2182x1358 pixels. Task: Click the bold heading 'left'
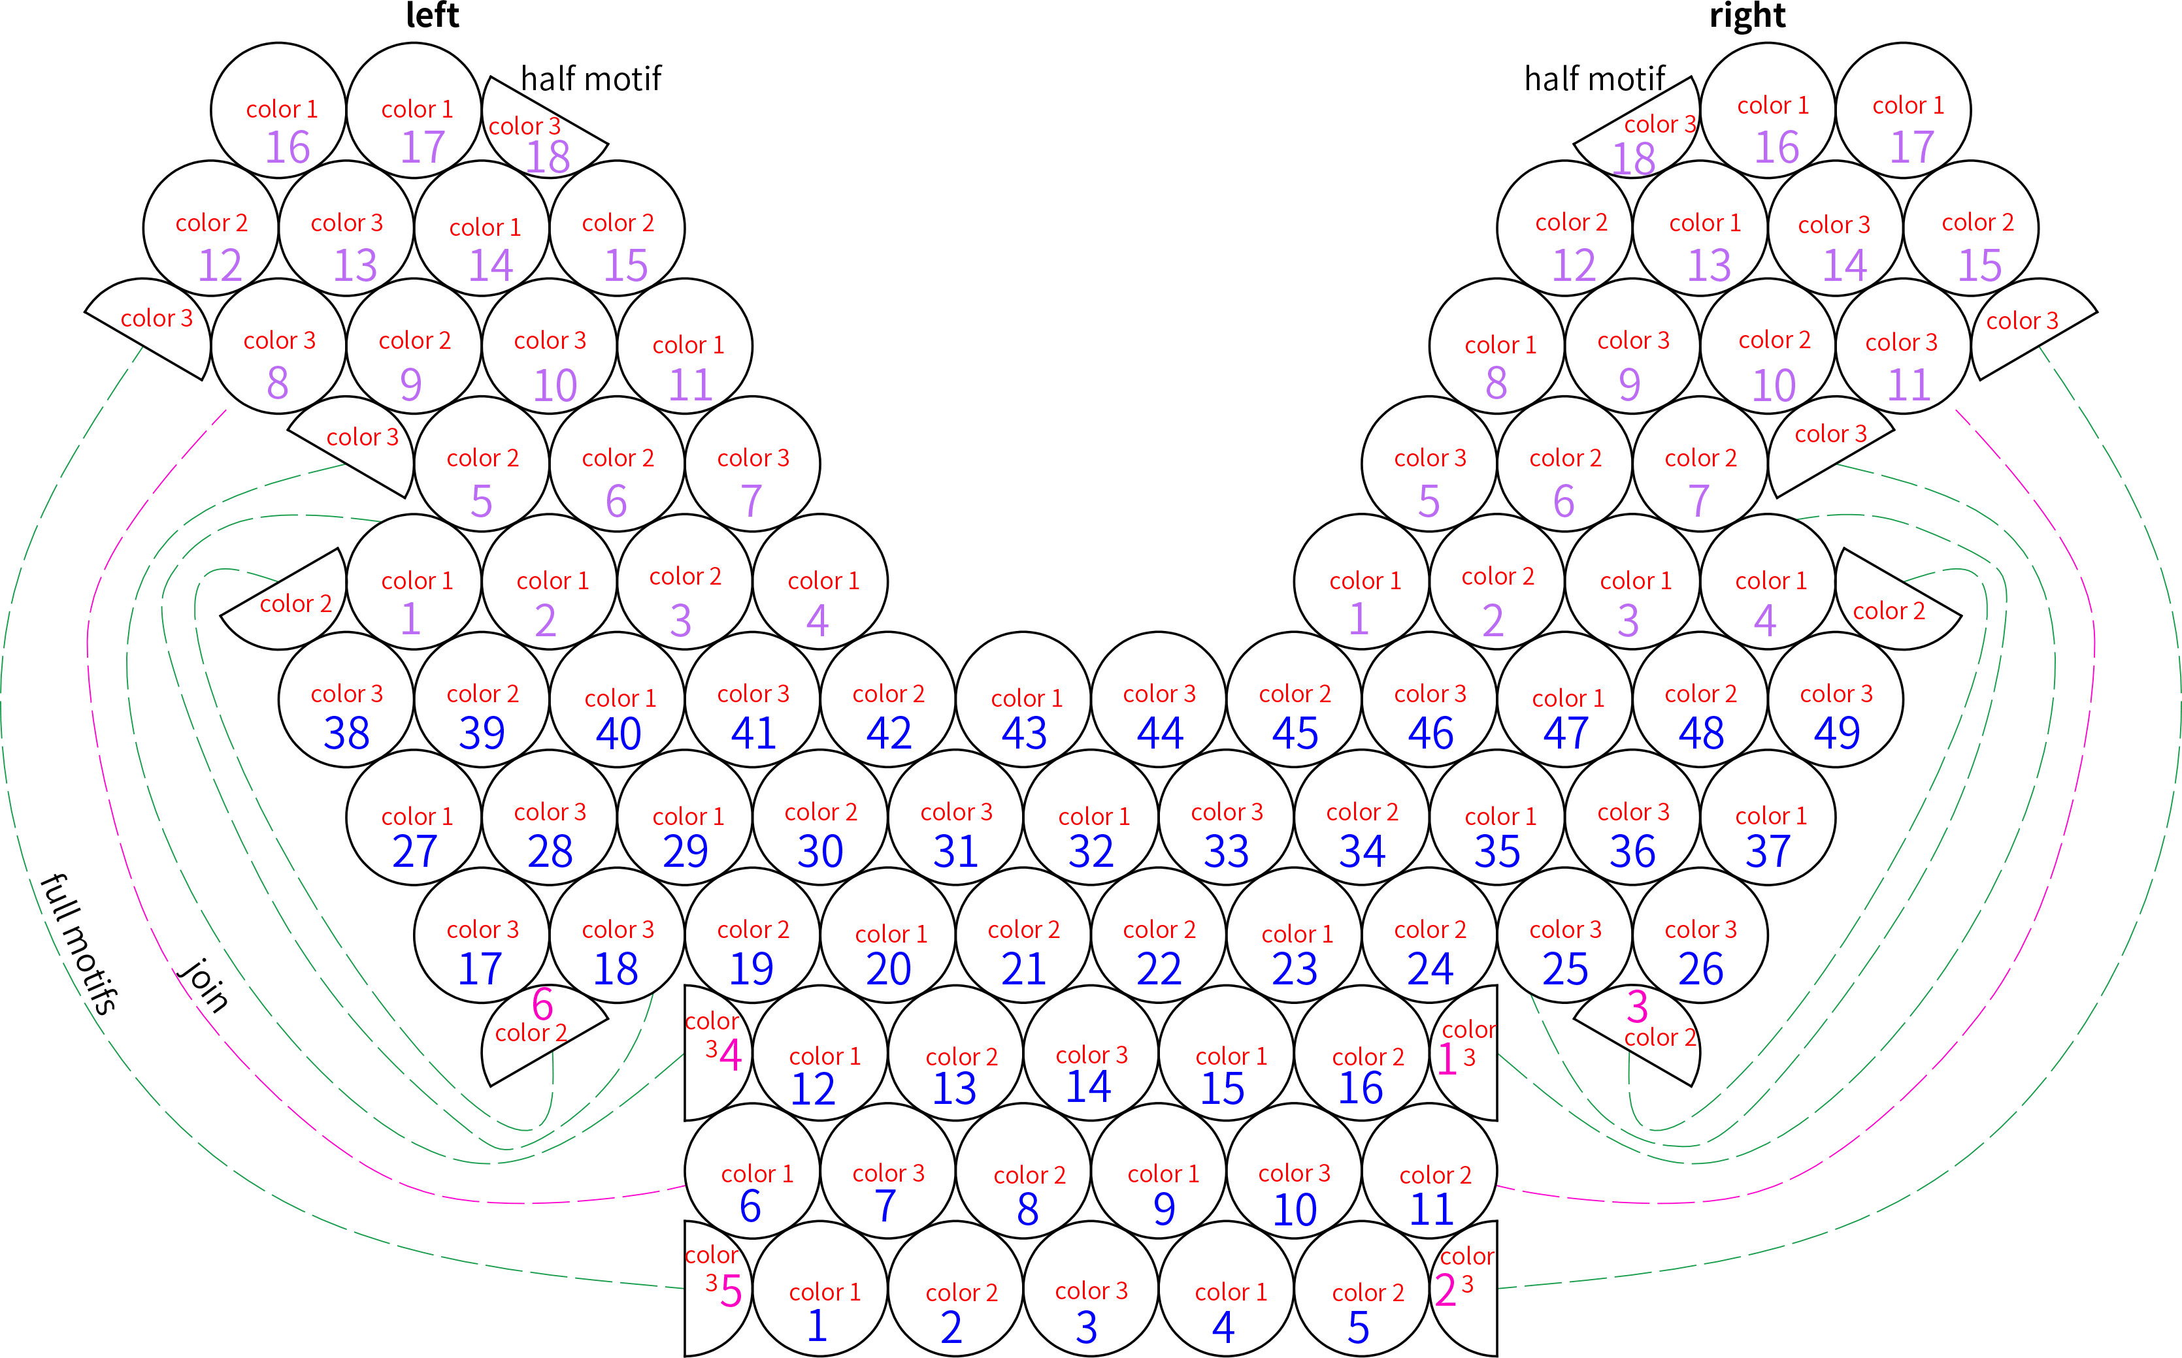tap(432, 15)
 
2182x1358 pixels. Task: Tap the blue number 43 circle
tap(1023, 700)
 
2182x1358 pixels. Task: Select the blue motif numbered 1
tap(820, 1289)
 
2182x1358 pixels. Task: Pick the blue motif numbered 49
tap(1835, 700)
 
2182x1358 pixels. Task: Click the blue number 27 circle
tap(414, 817)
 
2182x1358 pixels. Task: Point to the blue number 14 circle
tap(1091, 1053)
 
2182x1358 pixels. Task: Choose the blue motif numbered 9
tap(1159, 1171)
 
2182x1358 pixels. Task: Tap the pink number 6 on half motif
tap(542, 1004)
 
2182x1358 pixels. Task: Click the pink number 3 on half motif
tap(1638, 1007)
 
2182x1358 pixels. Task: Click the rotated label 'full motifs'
tap(79, 943)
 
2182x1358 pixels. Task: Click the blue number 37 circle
tap(1768, 817)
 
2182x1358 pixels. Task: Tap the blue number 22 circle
tap(1159, 935)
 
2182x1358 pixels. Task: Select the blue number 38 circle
tap(346, 700)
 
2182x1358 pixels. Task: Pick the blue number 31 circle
tap(955, 817)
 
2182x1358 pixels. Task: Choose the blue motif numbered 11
tap(1429, 1171)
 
